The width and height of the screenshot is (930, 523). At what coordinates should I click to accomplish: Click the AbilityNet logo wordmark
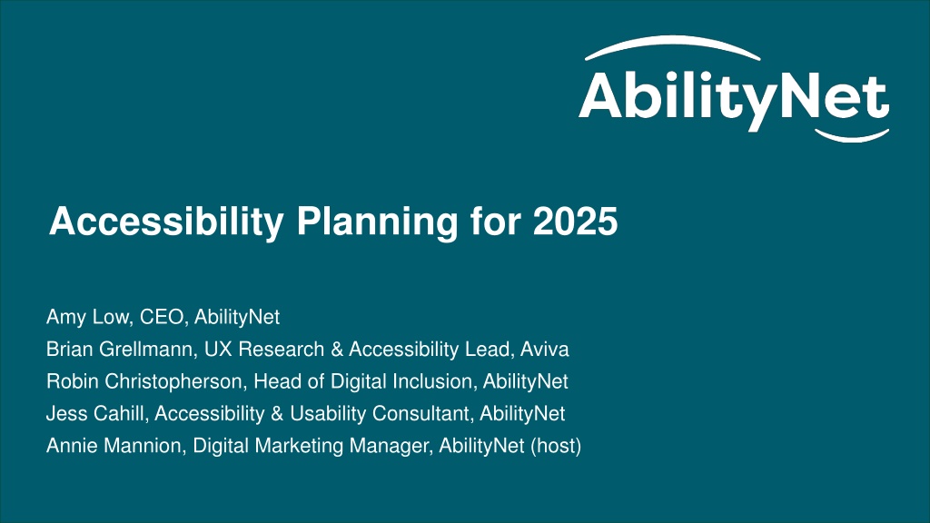coord(734,98)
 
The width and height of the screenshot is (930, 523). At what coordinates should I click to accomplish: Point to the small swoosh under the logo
coord(852,137)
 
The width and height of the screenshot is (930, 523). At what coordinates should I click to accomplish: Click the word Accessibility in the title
coord(167,222)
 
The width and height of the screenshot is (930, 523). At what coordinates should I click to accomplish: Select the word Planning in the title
coord(377,222)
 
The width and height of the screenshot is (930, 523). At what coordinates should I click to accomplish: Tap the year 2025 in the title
coord(575,222)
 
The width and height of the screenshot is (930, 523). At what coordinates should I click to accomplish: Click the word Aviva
coord(545,349)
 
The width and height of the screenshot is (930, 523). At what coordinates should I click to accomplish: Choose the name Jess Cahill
coord(95,413)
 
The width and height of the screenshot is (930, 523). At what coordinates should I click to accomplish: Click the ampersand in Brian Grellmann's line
coord(337,350)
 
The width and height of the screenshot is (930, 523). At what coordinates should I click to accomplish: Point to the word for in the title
coord(495,222)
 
